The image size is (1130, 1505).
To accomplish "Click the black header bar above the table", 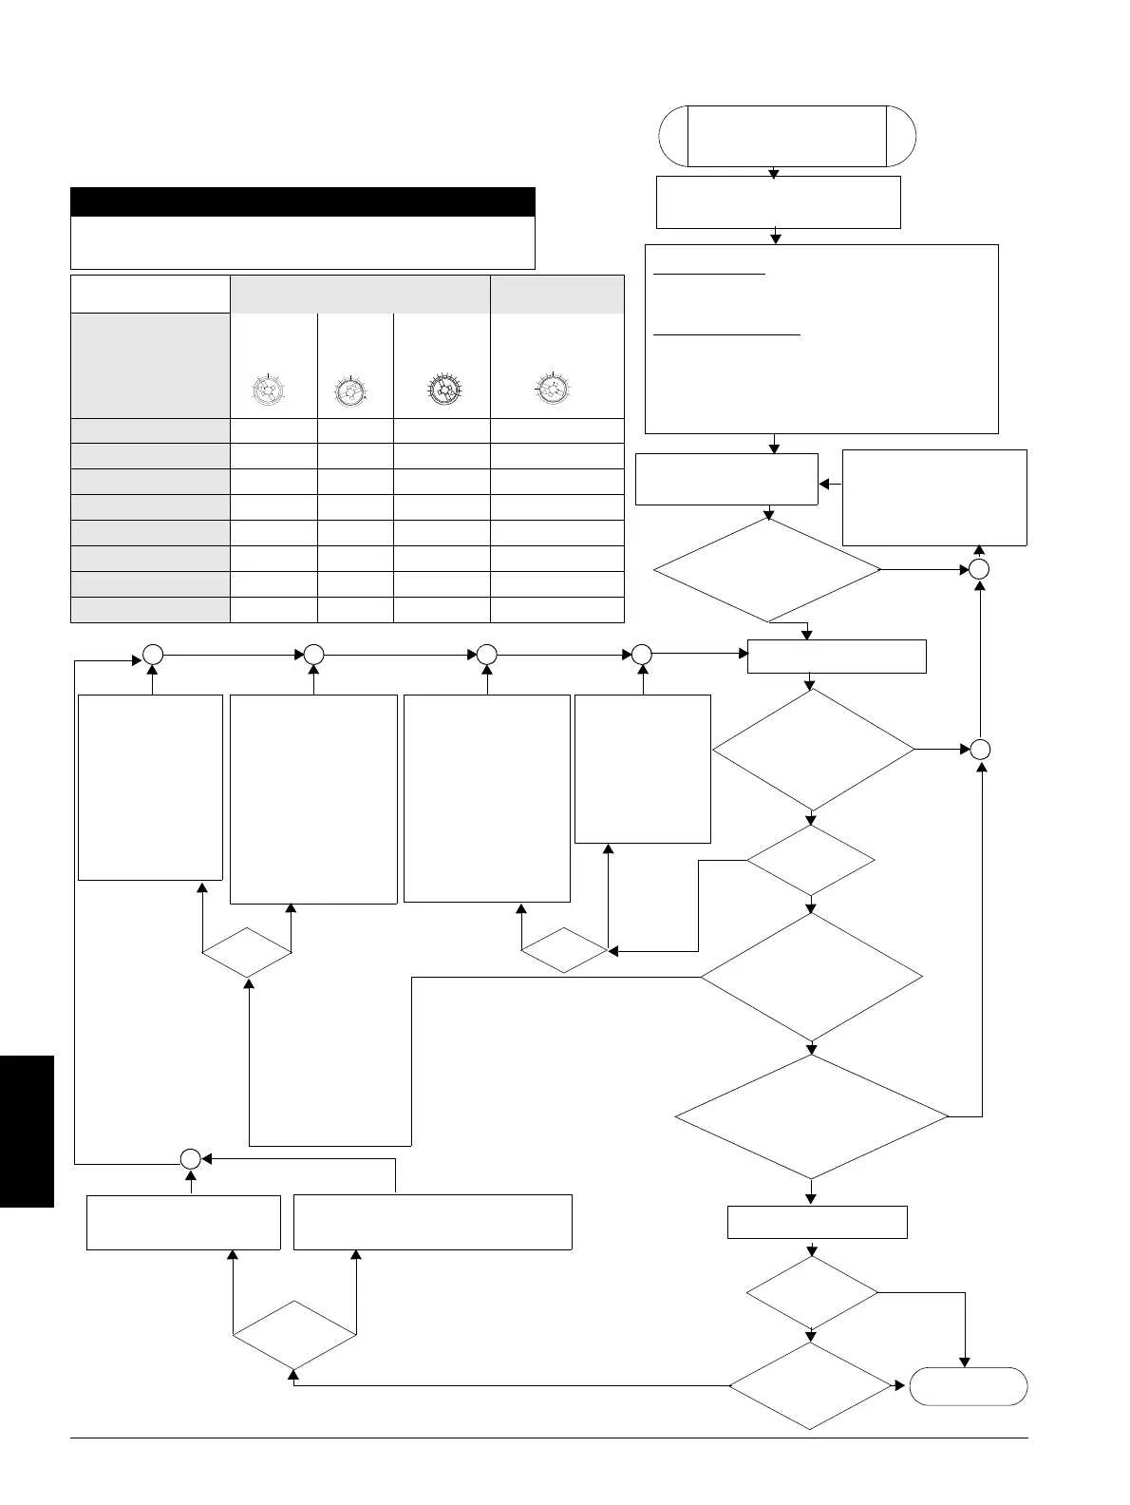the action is [x=303, y=201].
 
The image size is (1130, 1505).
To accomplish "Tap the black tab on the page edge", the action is [x=27, y=1131].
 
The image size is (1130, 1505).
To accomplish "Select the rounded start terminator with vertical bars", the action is [x=787, y=136].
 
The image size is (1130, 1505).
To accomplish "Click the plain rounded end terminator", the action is [x=968, y=1386].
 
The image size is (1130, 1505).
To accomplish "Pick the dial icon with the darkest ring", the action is [x=442, y=390].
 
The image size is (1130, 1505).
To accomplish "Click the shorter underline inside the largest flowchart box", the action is [x=709, y=274].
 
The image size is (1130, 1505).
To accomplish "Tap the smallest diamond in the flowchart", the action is [x=564, y=950].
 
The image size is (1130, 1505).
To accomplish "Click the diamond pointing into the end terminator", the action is [x=811, y=1385].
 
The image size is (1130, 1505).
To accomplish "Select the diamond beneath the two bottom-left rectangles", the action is [x=294, y=1335].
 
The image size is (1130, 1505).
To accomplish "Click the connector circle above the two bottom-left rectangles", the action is [x=190, y=1158].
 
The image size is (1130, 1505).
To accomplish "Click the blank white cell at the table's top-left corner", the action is [x=150, y=294].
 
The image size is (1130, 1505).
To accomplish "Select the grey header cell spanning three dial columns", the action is [x=360, y=294].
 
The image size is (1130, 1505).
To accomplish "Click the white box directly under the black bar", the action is [x=303, y=242].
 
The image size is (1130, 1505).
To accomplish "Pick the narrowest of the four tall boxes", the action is [x=643, y=768].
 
